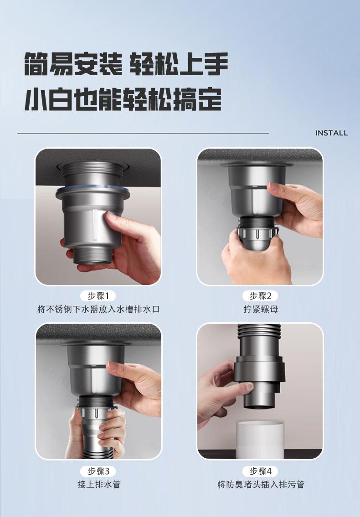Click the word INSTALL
(x=331, y=133)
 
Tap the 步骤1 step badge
(x=98, y=296)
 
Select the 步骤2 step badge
(x=260, y=296)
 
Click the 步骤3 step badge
(x=98, y=471)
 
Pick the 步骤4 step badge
(x=260, y=471)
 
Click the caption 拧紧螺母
(x=261, y=309)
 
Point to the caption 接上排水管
(x=99, y=484)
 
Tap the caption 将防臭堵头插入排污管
(x=261, y=484)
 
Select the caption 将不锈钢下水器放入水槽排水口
(x=98, y=309)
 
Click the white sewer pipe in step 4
(x=260, y=439)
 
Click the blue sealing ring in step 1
(x=93, y=189)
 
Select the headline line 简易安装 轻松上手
(x=126, y=64)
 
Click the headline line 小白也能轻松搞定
(x=123, y=99)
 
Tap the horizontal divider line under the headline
(x=143, y=133)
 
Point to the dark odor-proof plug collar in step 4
(x=259, y=370)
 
